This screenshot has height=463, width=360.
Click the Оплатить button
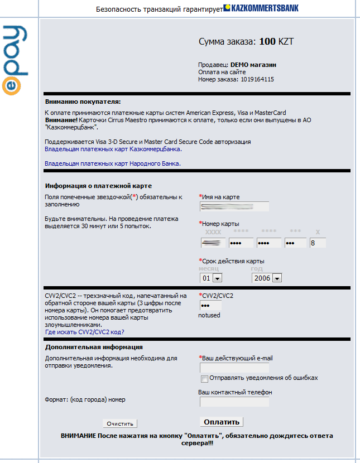pyautogui.click(x=222, y=422)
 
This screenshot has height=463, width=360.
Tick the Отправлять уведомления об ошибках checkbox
pyautogui.click(x=205, y=379)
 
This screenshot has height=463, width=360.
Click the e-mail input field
pyautogui.click(x=234, y=368)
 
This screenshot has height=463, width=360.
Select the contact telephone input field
pyautogui.click(x=234, y=402)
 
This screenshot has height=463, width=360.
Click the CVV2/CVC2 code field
pyautogui.click(x=210, y=306)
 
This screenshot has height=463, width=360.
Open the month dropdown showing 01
pyautogui.click(x=211, y=278)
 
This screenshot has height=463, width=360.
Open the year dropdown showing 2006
pyautogui.click(x=266, y=278)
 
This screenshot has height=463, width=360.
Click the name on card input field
pyautogui.click(x=234, y=206)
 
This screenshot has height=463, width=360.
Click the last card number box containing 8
pyautogui.click(x=318, y=243)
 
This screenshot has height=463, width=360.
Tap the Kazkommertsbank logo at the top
pyautogui.click(x=261, y=8)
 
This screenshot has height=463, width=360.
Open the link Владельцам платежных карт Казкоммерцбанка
pyautogui.click(x=113, y=149)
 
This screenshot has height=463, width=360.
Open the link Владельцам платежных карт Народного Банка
pyautogui.click(x=113, y=163)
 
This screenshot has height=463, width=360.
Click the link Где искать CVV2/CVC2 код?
pyautogui.click(x=84, y=331)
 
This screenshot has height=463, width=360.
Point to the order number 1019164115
pyautogui.click(x=257, y=79)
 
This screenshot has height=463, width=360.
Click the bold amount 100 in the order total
pyautogui.click(x=267, y=41)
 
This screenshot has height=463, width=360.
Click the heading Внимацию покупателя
pyautogui.click(x=83, y=102)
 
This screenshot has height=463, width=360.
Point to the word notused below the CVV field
pyautogui.click(x=209, y=315)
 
